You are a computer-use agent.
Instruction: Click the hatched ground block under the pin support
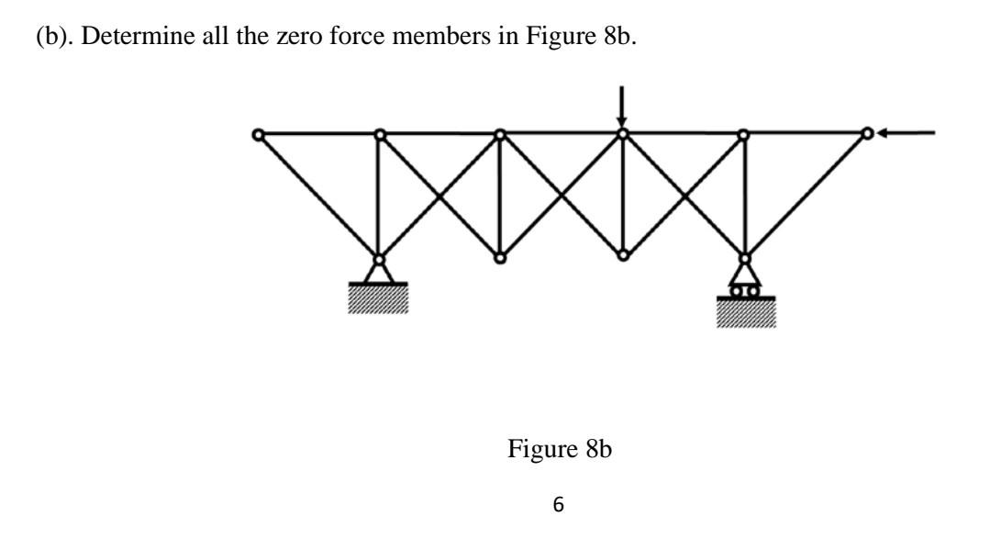pos(379,299)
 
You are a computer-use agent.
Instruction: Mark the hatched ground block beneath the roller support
pos(745,313)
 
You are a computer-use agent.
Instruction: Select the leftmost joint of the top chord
pos(259,135)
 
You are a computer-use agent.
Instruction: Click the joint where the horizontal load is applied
pos(866,133)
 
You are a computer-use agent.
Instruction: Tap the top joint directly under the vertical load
pos(622,134)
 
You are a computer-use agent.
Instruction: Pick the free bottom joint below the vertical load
pos(622,255)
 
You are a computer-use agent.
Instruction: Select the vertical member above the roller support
pos(744,195)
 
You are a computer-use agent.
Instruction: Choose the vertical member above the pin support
pos(379,195)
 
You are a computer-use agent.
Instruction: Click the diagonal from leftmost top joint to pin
pos(318,196)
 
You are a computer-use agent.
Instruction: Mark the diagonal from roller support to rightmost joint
pos(806,195)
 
